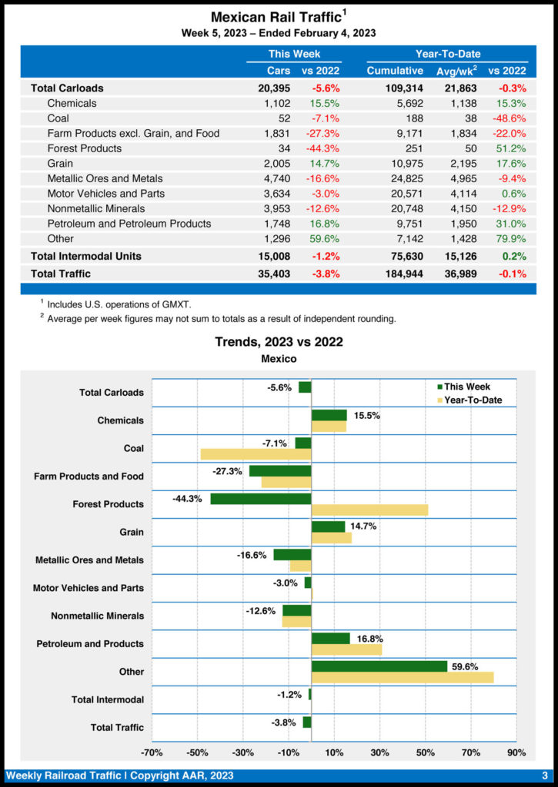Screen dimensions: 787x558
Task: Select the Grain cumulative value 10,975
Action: [404, 163]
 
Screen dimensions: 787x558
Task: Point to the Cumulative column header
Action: [395, 71]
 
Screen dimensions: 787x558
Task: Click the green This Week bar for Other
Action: [379, 666]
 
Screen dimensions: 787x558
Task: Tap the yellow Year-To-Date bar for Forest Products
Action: [369, 510]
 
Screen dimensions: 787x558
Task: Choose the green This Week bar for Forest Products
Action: [260, 499]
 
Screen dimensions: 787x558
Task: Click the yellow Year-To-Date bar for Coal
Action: [256, 454]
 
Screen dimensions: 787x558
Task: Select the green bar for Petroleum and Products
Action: [330, 639]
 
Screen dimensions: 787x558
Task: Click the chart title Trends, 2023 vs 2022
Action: [279, 342]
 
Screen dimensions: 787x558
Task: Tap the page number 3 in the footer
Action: [544, 775]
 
